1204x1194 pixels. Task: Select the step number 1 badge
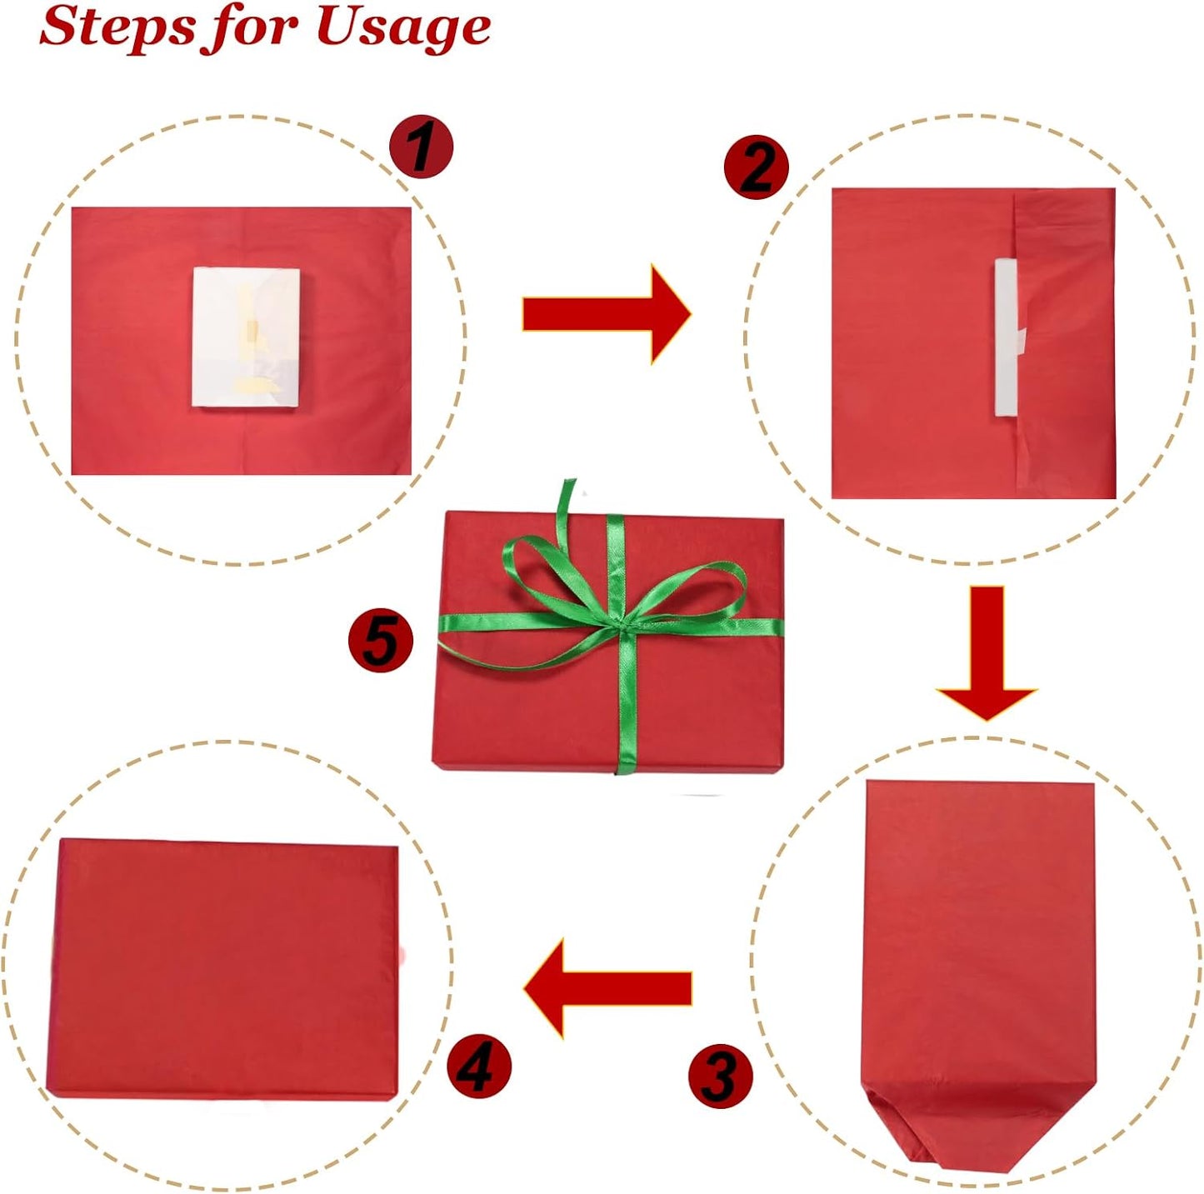(x=421, y=148)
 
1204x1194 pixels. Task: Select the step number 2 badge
(x=757, y=167)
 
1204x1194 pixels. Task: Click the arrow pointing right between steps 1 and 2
(x=607, y=313)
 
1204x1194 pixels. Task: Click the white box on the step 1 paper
(x=246, y=338)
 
